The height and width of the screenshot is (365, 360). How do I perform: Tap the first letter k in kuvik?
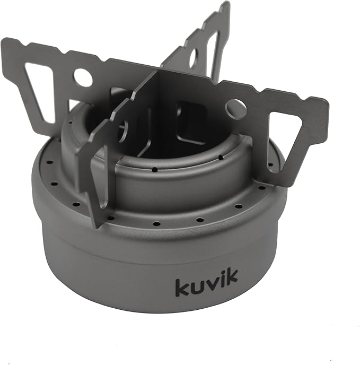coord(182,286)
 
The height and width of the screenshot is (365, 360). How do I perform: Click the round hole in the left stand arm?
coord(83,77)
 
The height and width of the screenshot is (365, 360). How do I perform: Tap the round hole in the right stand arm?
coord(235,109)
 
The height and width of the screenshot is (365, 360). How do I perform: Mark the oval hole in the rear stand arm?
coord(194,59)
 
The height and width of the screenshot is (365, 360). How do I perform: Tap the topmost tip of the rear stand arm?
coord(226,4)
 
